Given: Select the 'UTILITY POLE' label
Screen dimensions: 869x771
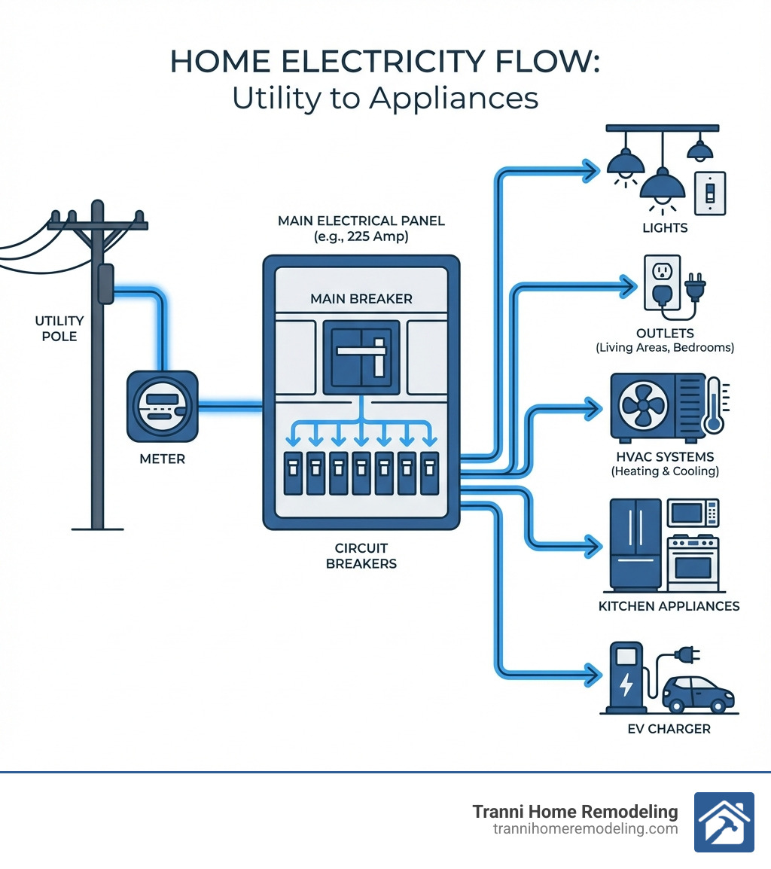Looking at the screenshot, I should point(59,328).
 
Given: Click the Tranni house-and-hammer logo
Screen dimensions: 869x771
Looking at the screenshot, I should point(723,822).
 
